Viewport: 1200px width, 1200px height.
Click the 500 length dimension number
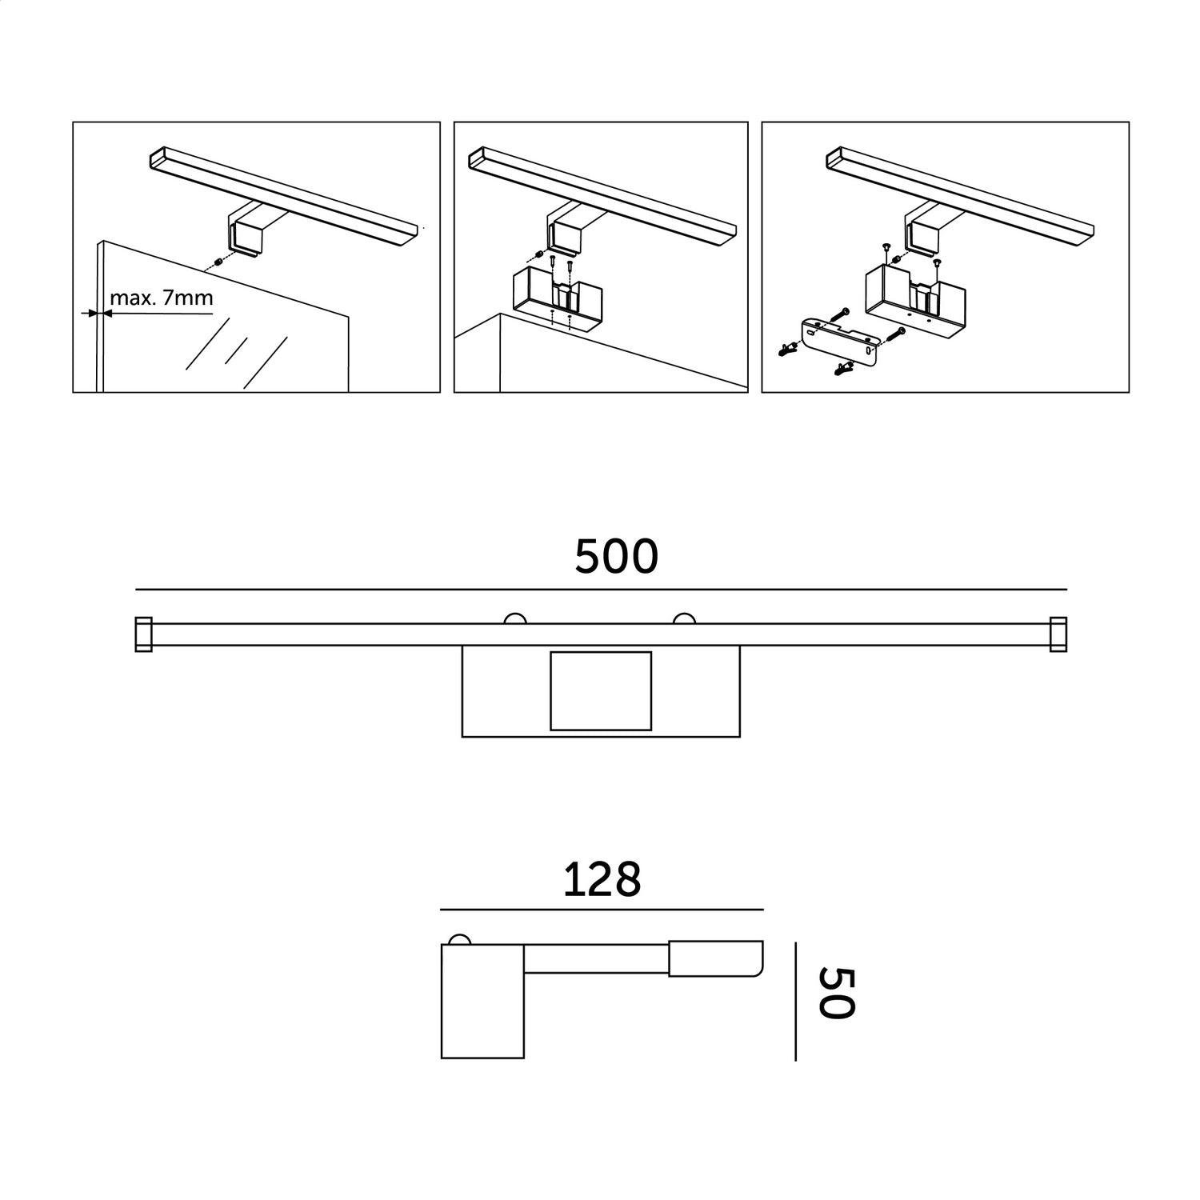click(x=616, y=557)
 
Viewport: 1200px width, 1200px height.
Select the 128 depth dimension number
click(x=602, y=880)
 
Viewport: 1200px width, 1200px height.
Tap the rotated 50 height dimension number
click(x=837, y=993)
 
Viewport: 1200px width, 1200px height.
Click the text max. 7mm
click(x=162, y=298)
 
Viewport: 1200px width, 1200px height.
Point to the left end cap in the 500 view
click(x=143, y=634)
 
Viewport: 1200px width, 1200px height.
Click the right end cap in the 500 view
click(x=1058, y=634)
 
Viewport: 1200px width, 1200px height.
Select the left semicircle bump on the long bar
click(x=514, y=618)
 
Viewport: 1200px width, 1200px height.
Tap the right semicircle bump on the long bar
click(x=685, y=618)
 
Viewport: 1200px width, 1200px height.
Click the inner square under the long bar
click(x=601, y=690)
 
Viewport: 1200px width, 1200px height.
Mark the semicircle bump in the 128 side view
click(x=460, y=939)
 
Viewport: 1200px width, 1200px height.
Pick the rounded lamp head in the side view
click(x=716, y=958)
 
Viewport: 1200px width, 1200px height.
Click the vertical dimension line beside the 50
click(x=796, y=1001)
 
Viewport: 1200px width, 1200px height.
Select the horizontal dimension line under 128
click(x=602, y=910)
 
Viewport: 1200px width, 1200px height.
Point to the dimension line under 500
click(x=601, y=590)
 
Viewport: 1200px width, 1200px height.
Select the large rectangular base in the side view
click(x=482, y=1001)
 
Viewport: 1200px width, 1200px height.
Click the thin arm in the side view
click(x=597, y=959)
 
